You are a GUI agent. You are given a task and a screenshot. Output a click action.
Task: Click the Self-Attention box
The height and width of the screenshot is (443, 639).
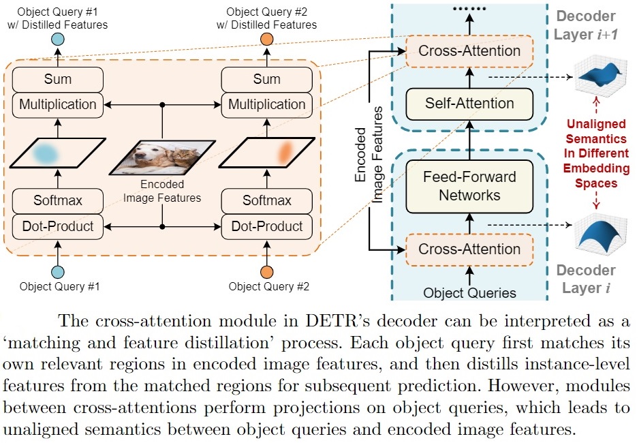coord(469,104)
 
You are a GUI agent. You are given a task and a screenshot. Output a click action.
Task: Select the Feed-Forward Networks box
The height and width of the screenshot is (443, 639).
coord(469,186)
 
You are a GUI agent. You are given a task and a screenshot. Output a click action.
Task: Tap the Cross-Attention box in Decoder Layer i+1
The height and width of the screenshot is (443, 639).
coord(469,51)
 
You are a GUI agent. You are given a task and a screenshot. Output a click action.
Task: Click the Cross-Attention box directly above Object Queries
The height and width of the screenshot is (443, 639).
coord(469,249)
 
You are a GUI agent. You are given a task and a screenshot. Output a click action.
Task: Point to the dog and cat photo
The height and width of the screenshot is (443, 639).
coord(162,155)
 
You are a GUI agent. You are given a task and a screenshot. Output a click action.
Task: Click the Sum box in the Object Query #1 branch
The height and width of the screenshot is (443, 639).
coord(57,79)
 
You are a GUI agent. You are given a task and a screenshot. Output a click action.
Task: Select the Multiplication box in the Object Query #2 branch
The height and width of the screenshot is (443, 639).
coord(266,104)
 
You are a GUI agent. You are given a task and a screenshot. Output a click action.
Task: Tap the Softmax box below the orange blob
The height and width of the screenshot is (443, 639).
coord(266,200)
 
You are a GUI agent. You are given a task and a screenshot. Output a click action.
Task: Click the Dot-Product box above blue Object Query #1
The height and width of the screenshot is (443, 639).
coord(57,226)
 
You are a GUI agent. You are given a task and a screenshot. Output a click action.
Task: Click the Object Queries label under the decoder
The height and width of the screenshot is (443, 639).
coord(469,293)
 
